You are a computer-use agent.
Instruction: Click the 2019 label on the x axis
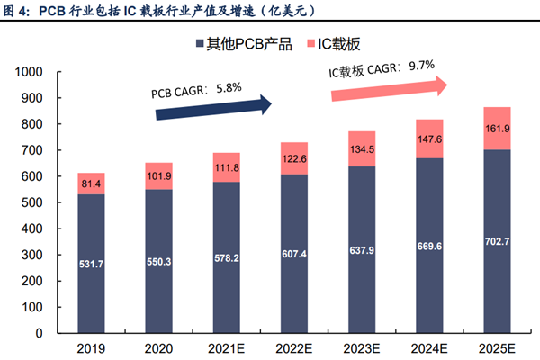[91, 348]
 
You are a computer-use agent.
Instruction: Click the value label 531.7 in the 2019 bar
[91, 263]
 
